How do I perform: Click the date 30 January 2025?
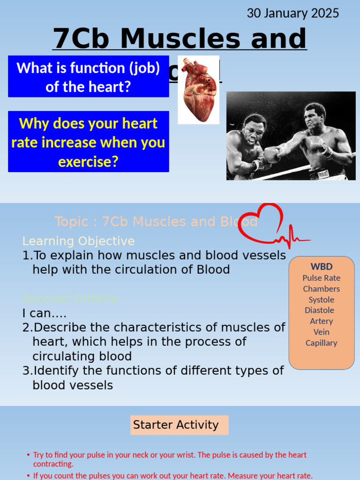(x=293, y=13)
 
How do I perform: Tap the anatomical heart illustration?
(x=198, y=90)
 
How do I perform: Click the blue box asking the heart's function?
(x=88, y=77)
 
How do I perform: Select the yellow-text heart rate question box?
(x=88, y=142)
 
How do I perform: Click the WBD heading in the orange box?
(x=321, y=267)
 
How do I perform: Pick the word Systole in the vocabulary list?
(x=321, y=300)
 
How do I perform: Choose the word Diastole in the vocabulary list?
(x=319, y=310)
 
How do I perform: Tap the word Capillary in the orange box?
(x=321, y=343)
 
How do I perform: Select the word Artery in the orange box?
(x=321, y=321)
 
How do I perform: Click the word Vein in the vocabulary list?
(x=321, y=332)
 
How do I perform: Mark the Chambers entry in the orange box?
(x=321, y=289)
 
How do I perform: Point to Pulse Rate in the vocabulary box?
(x=321, y=278)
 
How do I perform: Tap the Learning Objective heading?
(x=78, y=241)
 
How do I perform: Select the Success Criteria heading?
(x=70, y=299)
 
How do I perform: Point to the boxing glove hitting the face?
(x=271, y=154)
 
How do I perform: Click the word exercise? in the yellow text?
(x=88, y=162)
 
